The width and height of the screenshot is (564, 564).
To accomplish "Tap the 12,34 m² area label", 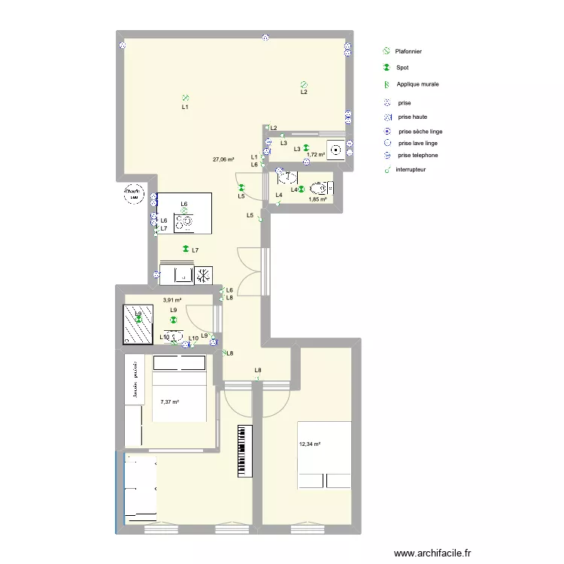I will click(x=310, y=444).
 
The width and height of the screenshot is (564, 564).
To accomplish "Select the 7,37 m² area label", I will click(x=170, y=402).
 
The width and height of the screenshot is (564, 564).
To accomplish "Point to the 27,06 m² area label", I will click(x=223, y=159).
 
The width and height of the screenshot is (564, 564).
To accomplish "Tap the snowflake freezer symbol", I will click(x=204, y=275).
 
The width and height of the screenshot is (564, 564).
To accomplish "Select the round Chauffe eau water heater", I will click(x=135, y=194).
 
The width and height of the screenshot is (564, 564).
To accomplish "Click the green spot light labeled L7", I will click(x=185, y=250).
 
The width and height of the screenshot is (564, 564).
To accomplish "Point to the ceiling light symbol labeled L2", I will click(x=303, y=85).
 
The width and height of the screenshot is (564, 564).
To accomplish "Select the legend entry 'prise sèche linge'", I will click(x=420, y=131).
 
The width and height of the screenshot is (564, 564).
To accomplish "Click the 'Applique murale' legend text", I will click(x=417, y=84).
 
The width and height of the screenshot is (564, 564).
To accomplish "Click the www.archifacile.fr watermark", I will click(x=426, y=552).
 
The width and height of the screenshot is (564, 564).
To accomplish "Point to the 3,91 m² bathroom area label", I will click(x=172, y=300).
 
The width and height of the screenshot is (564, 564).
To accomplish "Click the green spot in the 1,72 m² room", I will click(x=306, y=148).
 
